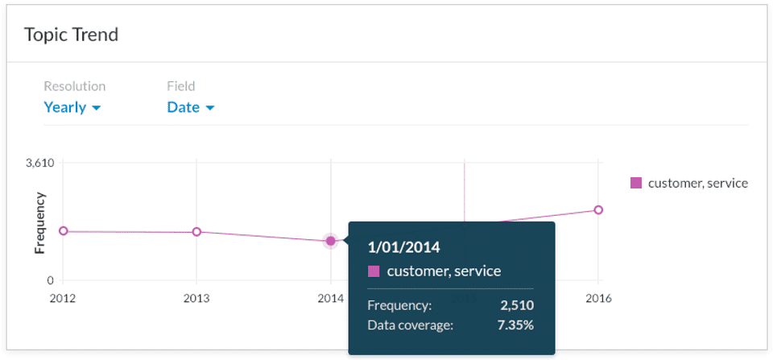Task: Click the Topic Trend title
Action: coord(72,35)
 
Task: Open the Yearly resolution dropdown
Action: coord(72,107)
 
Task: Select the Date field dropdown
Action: coord(190,107)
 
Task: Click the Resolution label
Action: coord(74,86)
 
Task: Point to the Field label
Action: coord(180,86)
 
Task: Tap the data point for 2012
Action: coord(63,231)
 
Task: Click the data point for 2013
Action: coord(196,232)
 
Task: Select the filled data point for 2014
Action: coord(330,241)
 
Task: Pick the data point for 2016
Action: coord(597,210)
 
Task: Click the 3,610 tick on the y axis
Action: coord(39,163)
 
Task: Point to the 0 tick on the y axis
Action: coord(49,280)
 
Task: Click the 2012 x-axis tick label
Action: coord(63,298)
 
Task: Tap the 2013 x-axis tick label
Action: coord(196,298)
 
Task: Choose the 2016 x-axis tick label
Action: coord(597,298)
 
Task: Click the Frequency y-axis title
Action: coord(39,222)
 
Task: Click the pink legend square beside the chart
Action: coord(636,183)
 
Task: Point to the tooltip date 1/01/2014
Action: coord(403,246)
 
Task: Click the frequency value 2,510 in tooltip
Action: coord(516,305)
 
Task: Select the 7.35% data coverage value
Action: coord(515,325)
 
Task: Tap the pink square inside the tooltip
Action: coord(374,271)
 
